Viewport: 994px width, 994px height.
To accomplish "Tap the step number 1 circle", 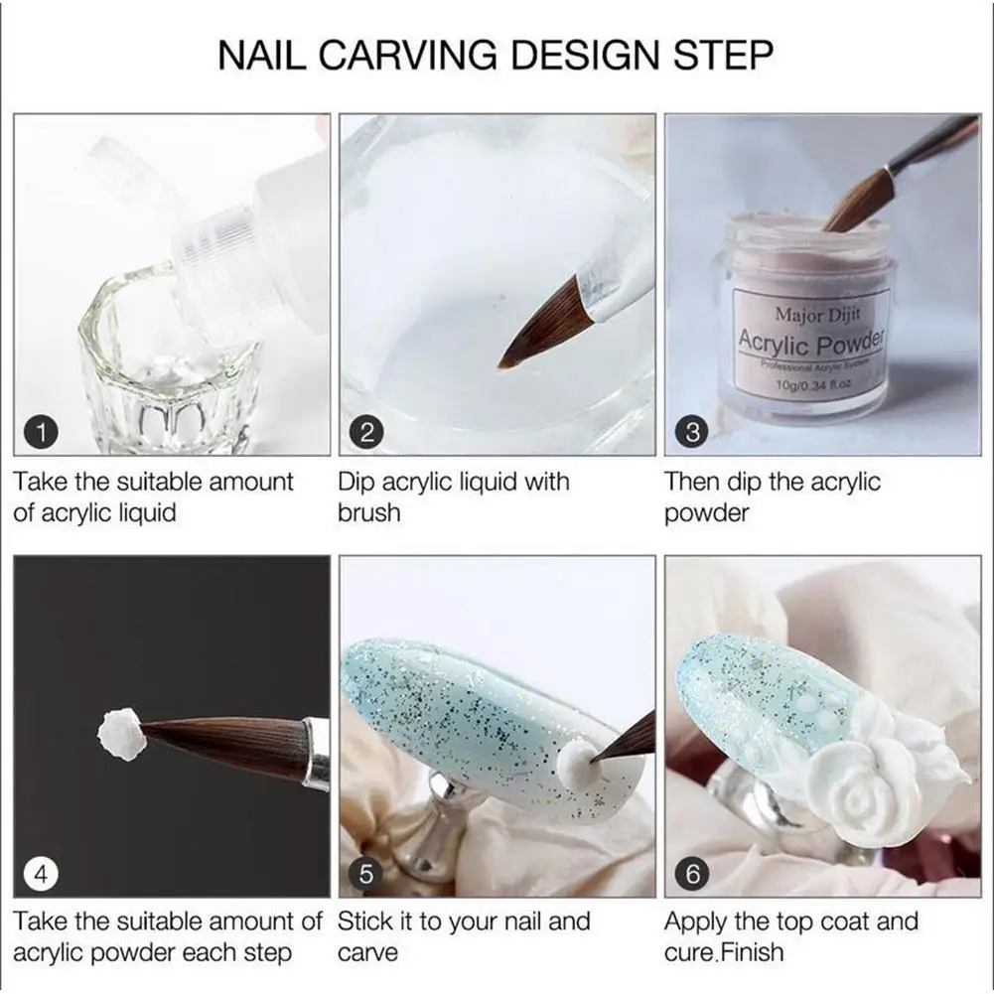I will pos(42,432).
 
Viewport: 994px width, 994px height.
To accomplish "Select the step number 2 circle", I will pos(366,432).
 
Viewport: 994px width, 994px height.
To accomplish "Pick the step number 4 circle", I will pos(42,874).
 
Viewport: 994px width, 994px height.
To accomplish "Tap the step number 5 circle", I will pos(366,874).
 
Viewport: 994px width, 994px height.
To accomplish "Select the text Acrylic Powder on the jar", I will pos(810,343).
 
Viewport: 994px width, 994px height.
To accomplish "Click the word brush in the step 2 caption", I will pos(368,513).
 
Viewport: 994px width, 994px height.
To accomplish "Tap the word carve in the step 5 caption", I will pos(368,953).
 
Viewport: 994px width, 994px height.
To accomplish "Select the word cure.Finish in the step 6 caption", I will pos(724,953).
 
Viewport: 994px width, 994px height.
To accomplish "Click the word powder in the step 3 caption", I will pos(706,513).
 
